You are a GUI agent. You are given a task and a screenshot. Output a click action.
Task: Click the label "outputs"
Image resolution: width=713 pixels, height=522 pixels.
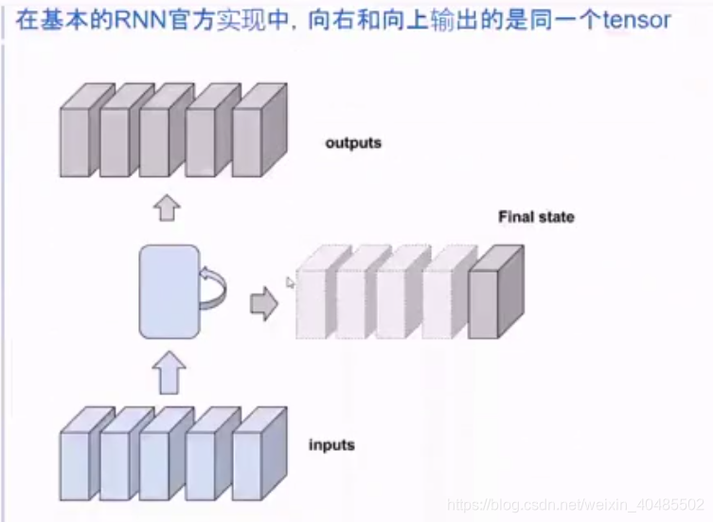coord(353,143)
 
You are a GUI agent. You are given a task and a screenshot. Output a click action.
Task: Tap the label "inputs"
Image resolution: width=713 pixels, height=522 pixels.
coord(331,444)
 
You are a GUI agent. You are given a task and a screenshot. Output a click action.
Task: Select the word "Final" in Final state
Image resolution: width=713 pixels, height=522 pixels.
coord(517,217)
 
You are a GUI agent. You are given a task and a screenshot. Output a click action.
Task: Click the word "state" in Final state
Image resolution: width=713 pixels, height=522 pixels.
coord(556,217)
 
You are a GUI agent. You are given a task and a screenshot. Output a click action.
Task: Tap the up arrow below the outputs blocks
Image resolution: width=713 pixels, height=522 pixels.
coord(168,208)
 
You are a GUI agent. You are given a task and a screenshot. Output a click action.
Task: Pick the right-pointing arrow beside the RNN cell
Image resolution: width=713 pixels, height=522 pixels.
coord(262,303)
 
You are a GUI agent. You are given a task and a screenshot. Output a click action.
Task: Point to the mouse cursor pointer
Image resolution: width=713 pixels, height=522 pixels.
coord(291,281)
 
